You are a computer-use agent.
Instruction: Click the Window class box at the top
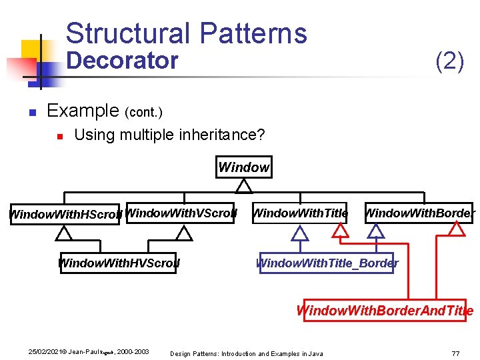click(x=244, y=167)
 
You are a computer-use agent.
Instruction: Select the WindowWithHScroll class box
click(x=65, y=215)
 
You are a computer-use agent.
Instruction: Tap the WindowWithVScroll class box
click(x=180, y=213)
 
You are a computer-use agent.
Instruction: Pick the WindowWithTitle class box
click(x=300, y=213)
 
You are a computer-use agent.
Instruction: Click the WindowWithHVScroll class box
click(x=118, y=263)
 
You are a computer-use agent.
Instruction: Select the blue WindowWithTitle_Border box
click(x=327, y=263)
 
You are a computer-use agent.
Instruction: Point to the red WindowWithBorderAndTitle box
click(x=385, y=311)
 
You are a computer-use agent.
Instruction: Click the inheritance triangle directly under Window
click(x=244, y=184)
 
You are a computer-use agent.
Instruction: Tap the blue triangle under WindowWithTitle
click(x=300, y=233)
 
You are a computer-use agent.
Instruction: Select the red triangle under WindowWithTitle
click(x=341, y=230)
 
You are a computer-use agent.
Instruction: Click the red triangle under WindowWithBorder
click(x=457, y=229)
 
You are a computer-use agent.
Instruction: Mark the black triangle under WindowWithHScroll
click(x=63, y=233)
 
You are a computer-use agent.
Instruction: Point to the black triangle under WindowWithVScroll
click(x=184, y=233)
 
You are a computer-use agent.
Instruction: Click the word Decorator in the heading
click(x=123, y=61)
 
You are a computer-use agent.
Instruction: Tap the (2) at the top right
click(x=449, y=61)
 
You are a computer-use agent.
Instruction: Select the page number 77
click(x=455, y=353)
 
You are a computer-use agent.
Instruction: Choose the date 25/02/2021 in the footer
click(x=43, y=351)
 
